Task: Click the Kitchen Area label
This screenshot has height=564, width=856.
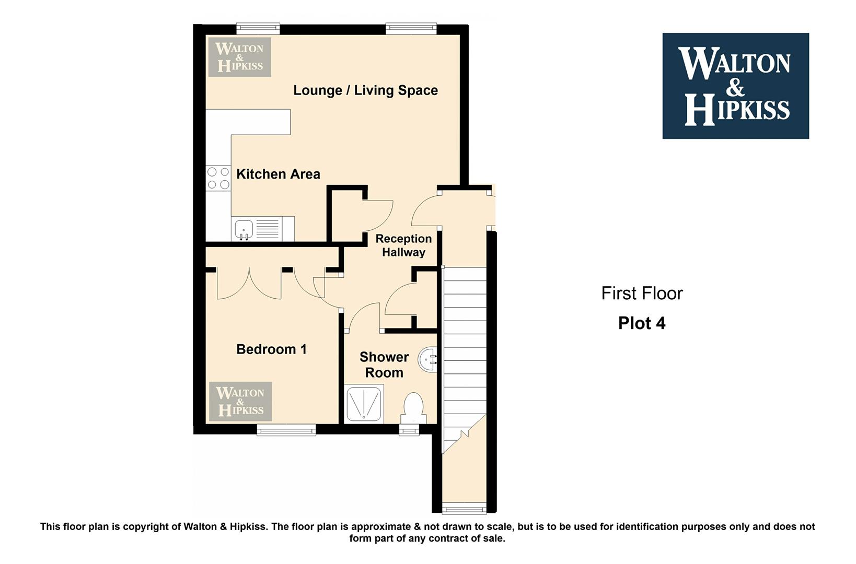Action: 278,174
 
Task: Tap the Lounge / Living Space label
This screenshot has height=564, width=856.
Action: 365,90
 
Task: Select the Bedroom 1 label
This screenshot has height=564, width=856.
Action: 271,349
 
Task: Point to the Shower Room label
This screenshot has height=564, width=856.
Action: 384,365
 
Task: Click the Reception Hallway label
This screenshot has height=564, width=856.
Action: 403,245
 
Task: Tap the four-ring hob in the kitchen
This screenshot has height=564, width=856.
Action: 218,178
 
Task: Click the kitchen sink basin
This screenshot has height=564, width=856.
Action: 244,229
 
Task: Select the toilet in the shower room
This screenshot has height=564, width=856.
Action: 413,408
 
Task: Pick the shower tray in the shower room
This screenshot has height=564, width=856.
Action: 364,404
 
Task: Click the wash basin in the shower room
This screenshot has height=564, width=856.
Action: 427,359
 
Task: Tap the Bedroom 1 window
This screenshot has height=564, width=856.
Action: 286,430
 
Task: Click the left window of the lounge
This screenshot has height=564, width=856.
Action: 258,29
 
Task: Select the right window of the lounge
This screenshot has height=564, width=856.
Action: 411,29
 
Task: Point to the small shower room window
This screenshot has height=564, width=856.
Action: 409,430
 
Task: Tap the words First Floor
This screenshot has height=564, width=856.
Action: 642,293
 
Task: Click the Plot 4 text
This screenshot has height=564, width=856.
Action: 642,323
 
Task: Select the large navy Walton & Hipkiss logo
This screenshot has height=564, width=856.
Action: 736,86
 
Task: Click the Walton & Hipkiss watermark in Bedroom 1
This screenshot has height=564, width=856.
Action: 240,402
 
